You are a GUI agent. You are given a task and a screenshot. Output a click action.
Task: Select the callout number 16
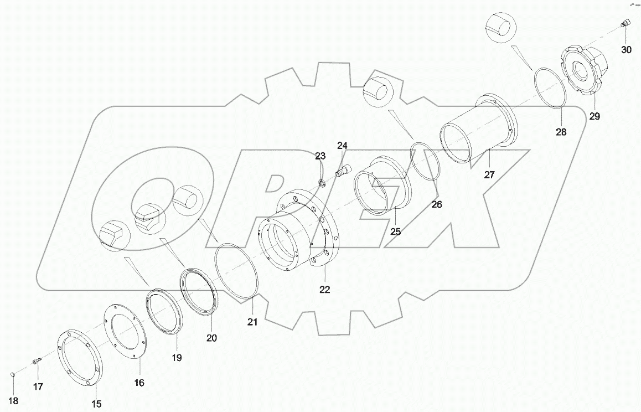[139, 383]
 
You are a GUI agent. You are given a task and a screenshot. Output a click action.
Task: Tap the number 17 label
[37, 387]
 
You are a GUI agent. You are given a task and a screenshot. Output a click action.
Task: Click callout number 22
[324, 289]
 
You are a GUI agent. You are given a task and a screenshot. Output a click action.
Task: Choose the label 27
[489, 174]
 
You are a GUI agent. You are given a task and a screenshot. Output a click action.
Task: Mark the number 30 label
[626, 50]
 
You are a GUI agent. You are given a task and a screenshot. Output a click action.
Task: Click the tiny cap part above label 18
[14, 377]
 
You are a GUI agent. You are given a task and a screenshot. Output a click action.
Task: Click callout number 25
[395, 231]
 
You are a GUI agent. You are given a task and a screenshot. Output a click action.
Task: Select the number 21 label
[252, 322]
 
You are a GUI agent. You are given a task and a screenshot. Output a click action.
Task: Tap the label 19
[176, 358]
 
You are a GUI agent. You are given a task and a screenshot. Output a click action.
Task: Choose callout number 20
[212, 337]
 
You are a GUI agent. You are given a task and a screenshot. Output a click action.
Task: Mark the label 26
[437, 204]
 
